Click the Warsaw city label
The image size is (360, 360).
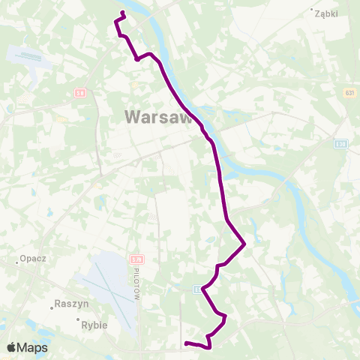click(157, 116)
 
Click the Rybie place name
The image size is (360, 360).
click(94, 325)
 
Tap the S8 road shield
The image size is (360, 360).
click(80, 93)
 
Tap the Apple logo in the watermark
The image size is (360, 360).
click(12, 347)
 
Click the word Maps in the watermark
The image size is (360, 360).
click(34, 347)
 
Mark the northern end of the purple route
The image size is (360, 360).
click(122, 13)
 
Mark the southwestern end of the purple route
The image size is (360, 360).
click(185, 343)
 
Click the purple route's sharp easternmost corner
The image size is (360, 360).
click(245, 244)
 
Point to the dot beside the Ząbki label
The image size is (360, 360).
click(311, 10)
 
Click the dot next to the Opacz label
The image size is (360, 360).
click(17, 262)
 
